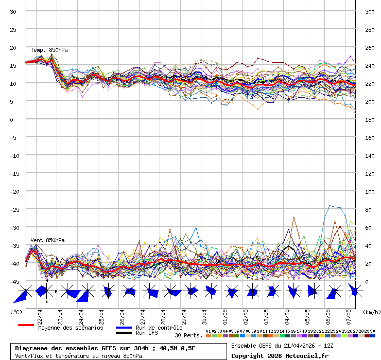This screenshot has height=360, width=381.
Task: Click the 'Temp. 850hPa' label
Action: pos(49,50)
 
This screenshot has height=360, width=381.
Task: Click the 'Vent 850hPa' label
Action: pos(44,240)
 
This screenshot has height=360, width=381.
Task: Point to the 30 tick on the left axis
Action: pos(13,12)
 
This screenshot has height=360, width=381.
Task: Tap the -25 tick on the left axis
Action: pos(14,209)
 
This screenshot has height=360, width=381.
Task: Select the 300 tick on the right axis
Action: pos(370,12)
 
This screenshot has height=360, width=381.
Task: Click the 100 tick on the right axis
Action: pos(370,191)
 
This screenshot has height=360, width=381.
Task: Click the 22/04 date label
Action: pos(40,314)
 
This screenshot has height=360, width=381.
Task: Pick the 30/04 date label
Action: pos(204,314)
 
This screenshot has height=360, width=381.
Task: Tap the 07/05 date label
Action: pos(349,314)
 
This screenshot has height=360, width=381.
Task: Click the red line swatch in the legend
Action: pos(26,325)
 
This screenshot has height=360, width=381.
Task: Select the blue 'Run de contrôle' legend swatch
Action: pos(124,328)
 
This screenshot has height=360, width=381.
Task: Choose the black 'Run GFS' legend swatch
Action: pos(124,333)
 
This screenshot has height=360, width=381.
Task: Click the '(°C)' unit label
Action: pos(16,312)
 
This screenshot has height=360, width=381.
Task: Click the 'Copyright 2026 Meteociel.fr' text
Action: pos(280,355)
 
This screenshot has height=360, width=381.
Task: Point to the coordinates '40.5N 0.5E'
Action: pos(177,348)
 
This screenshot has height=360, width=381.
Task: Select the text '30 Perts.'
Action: pos(188,335)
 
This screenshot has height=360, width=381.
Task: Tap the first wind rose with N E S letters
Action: pos(46,291)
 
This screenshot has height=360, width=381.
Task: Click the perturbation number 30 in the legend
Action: pos(372,331)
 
